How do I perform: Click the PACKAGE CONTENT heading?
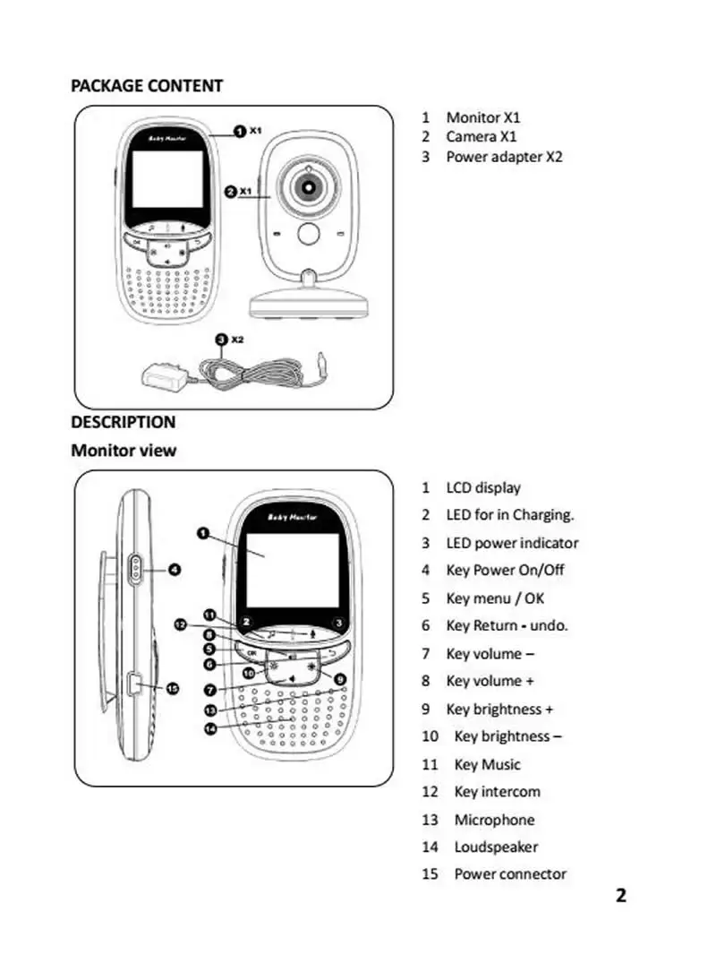(x=147, y=85)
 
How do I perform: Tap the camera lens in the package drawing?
(x=309, y=186)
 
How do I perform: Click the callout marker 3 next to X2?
(x=222, y=340)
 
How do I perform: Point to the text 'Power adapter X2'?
(x=504, y=157)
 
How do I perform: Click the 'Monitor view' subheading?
(x=124, y=450)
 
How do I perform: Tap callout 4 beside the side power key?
(x=175, y=569)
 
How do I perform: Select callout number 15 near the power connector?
(x=173, y=688)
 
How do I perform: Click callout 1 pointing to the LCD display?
(x=203, y=533)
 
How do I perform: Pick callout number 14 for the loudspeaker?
(x=210, y=728)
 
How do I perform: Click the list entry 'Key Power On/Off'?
(x=505, y=571)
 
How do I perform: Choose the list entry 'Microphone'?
(x=494, y=820)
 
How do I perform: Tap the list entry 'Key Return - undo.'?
(x=507, y=625)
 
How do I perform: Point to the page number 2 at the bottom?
(x=620, y=895)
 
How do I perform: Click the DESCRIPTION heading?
(x=124, y=422)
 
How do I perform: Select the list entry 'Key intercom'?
(x=497, y=792)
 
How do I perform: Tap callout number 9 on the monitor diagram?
(x=340, y=679)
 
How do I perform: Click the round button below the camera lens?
(x=309, y=234)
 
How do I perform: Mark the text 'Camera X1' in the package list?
(x=482, y=136)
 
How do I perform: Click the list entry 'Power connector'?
(x=510, y=874)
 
